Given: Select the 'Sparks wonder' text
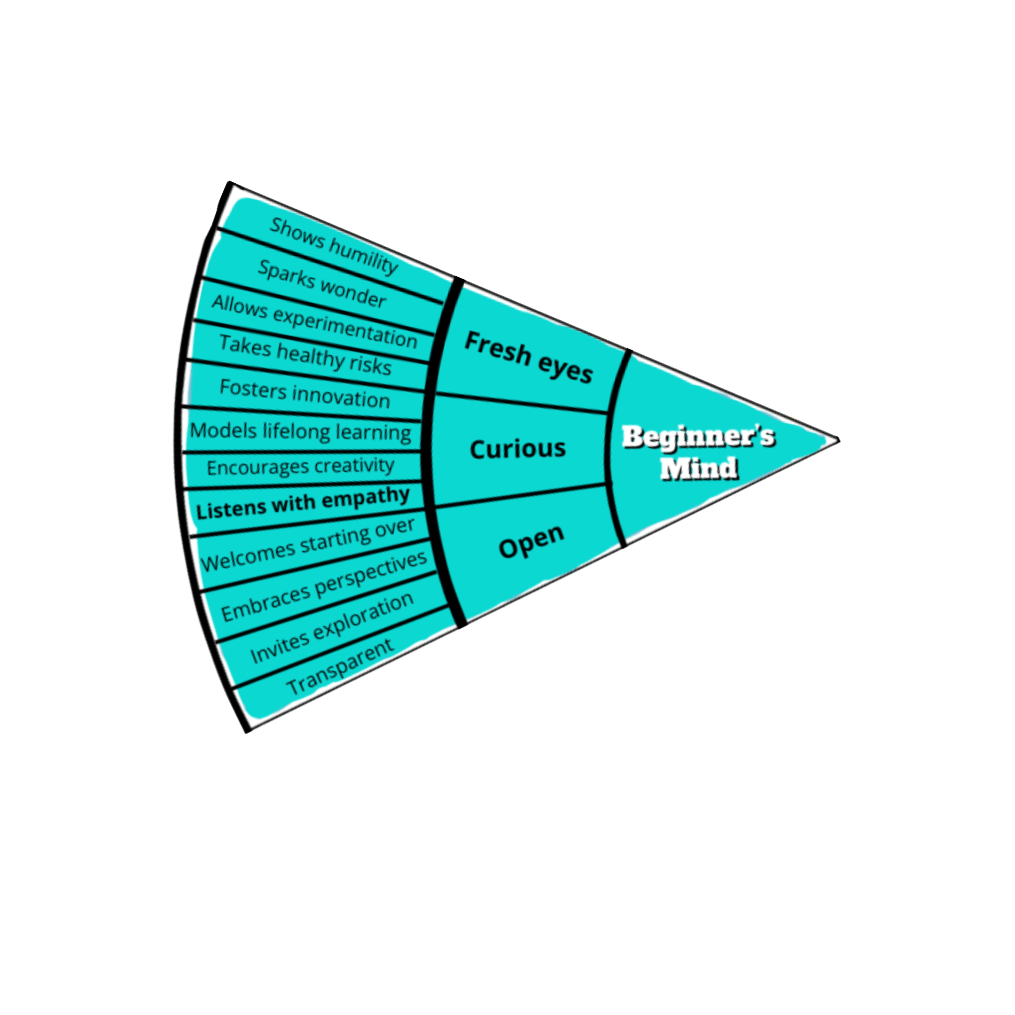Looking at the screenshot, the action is click(x=321, y=284).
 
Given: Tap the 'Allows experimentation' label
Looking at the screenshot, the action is click(x=314, y=321).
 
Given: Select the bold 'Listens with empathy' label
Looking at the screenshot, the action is click(x=303, y=503).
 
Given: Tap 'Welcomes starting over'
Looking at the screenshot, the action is click(x=308, y=545).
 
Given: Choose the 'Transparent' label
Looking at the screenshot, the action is click(x=340, y=666).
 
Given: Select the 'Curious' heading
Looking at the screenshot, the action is click(x=517, y=449).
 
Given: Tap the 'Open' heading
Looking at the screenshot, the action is click(x=531, y=541).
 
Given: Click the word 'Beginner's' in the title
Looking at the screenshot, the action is click(x=698, y=437).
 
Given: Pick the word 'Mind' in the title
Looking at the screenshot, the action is click(x=699, y=468).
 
